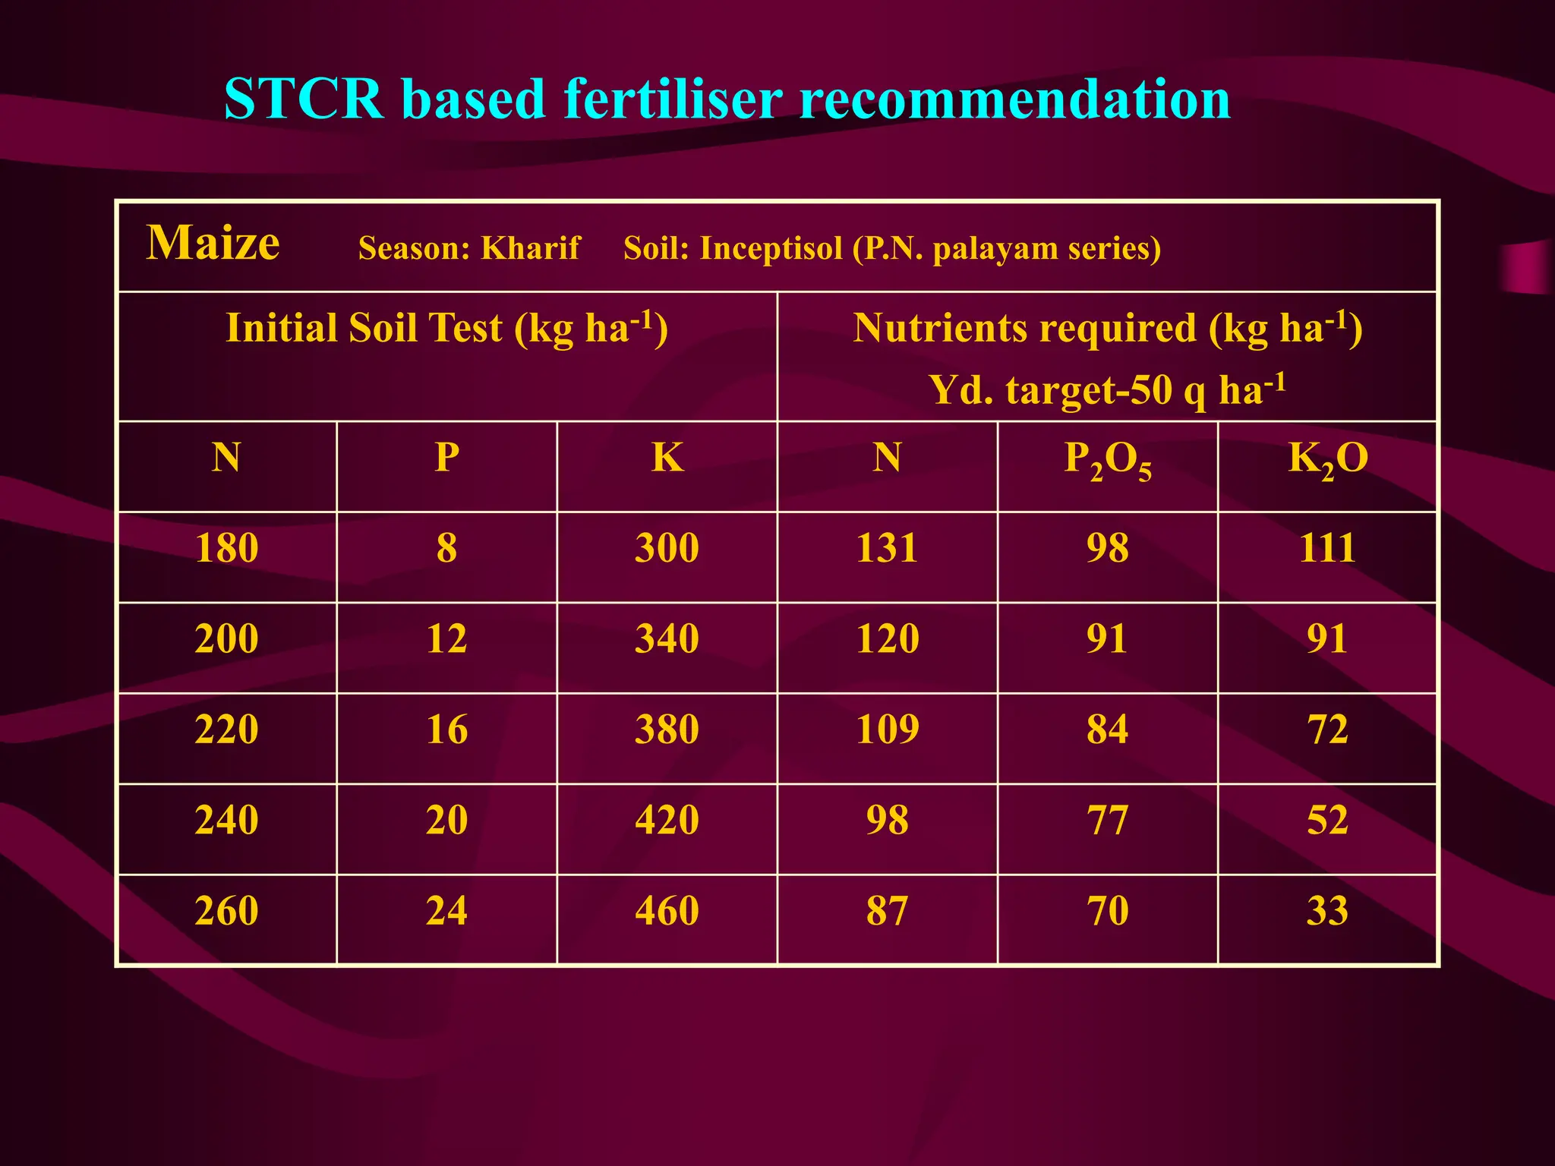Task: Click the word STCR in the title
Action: coord(304,99)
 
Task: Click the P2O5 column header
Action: coord(1107,460)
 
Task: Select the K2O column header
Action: coord(1327,460)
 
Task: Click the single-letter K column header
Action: coord(667,458)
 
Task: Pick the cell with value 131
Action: coord(887,548)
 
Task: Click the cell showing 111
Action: coord(1326,548)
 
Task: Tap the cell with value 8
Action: coord(446,548)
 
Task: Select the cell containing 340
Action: coord(667,638)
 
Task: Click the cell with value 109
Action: coord(887,730)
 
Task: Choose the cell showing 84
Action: coord(1107,730)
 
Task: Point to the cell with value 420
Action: coord(667,821)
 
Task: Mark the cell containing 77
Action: coord(1107,821)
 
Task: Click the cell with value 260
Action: coord(226,911)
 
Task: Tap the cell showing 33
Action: coord(1326,911)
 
